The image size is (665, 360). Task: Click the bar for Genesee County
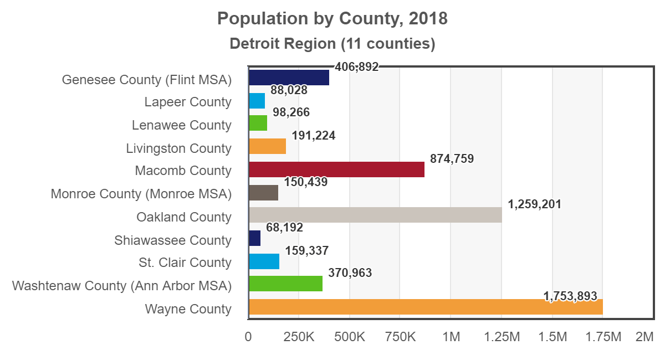click(289, 78)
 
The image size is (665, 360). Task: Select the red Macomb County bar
click(336, 169)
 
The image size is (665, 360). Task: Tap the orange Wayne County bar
click(426, 307)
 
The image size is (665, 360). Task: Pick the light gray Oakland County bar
click(375, 215)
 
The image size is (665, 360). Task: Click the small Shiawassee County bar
click(254, 238)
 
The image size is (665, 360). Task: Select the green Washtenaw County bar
click(285, 284)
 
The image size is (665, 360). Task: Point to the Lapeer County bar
click(257, 101)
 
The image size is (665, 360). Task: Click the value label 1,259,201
click(534, 204)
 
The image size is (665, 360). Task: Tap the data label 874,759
click(452, 159)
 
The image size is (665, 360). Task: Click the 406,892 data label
click(356, 67)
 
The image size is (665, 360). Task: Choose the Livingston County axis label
click(178, 148)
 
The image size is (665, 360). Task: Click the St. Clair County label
click(185, 263)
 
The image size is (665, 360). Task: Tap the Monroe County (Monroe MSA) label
click(141, 194)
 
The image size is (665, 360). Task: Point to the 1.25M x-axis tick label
click(501, 337)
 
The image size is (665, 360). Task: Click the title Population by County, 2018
click(332, 19)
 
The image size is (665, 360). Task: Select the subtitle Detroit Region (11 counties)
click(332, 43)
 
